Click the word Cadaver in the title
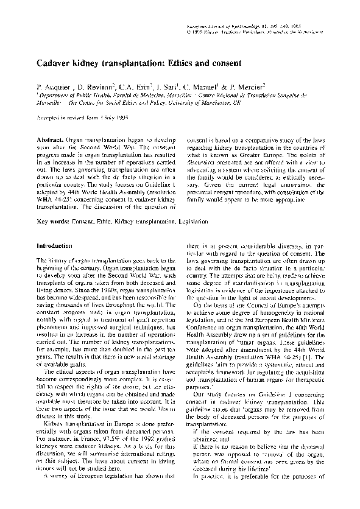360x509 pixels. (55, 63)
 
